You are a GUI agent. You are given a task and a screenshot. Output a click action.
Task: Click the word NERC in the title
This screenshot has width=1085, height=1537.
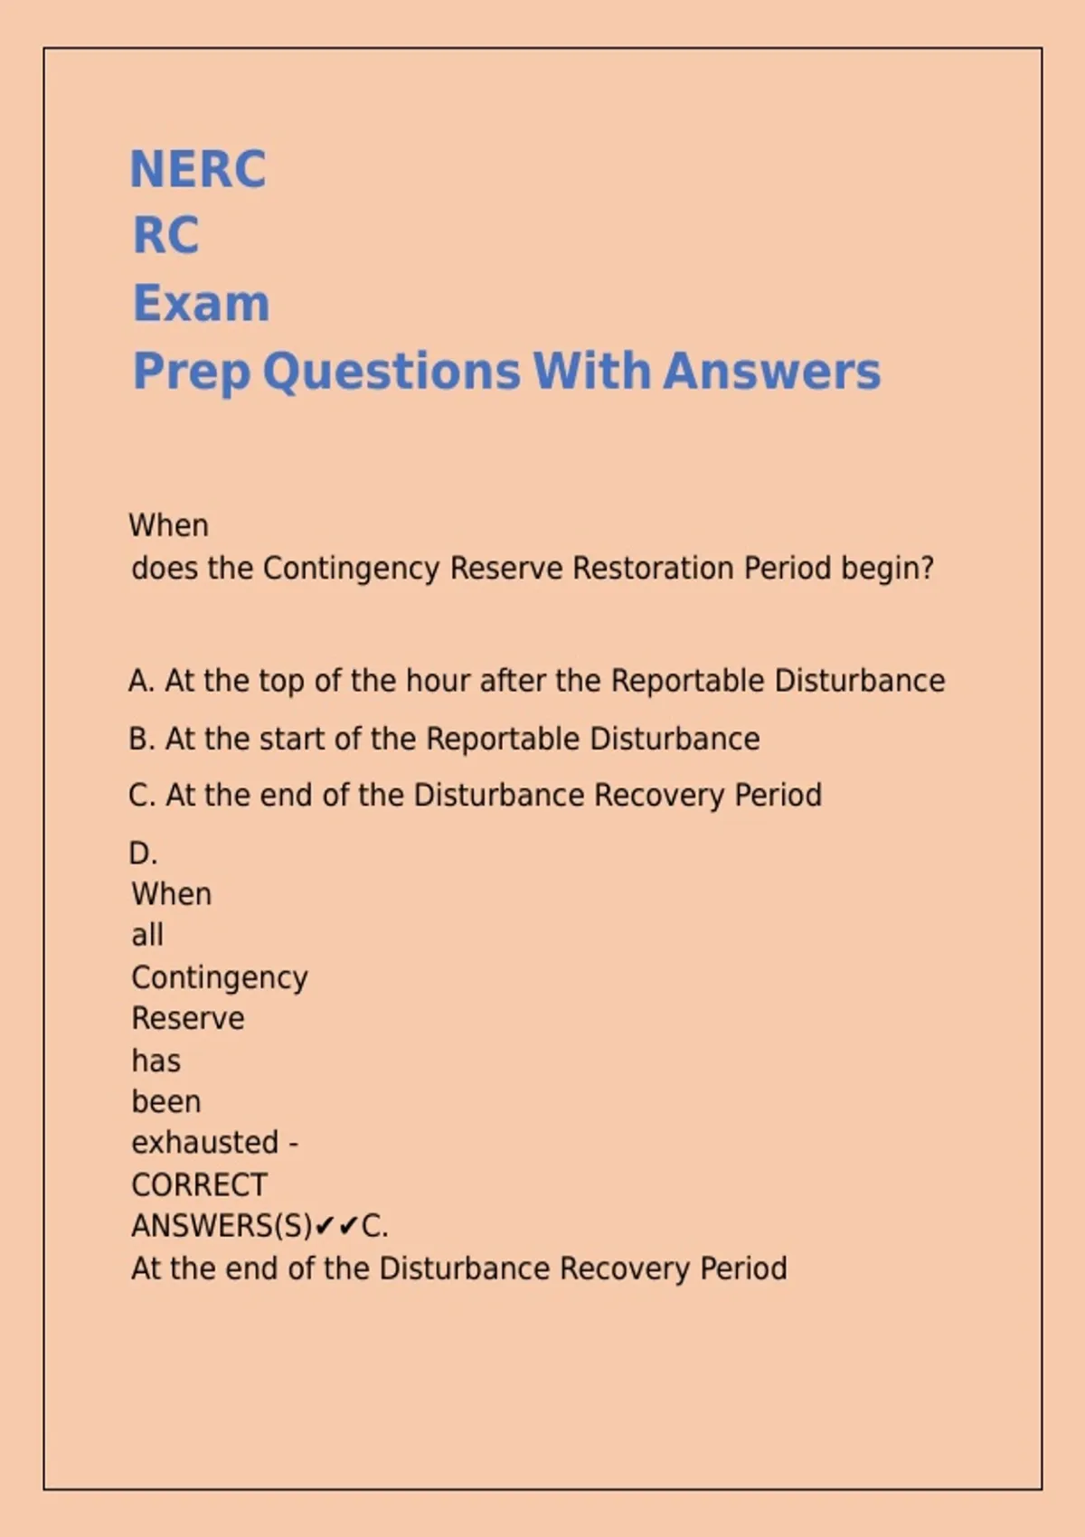coord(198,169)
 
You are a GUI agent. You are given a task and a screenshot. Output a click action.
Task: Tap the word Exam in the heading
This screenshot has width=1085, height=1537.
coord(201,303)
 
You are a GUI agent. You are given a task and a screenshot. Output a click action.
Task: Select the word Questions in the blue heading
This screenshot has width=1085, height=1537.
coord(392,372)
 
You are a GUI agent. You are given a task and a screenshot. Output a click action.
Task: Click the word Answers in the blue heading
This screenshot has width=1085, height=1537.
coord(771,372)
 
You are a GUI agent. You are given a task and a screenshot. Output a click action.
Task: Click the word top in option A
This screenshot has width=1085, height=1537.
coord(281,682)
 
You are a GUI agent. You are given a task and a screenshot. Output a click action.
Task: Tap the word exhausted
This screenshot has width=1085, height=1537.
coord(204,1143)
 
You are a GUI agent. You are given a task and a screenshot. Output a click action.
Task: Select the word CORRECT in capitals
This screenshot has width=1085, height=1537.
coord(199,1184)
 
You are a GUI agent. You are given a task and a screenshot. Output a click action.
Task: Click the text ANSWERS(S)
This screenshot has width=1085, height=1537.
coord(222,1226)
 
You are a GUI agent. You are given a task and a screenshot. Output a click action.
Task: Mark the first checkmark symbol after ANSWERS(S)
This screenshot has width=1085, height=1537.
coord(325,1226)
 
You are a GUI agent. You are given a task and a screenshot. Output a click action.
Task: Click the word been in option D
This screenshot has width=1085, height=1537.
coord(166,1101)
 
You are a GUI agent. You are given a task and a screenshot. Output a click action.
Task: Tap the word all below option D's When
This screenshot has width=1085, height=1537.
coord(147,934)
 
